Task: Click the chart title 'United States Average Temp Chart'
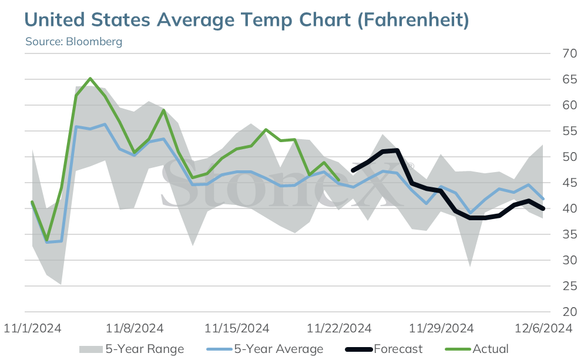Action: click(x=187, y=19)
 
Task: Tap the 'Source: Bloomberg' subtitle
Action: click(x=74, y=41)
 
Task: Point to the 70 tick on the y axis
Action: click(x=569, y=53)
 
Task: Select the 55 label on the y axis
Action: click(x=569, y=131)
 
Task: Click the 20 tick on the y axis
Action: click(x=569, y=312)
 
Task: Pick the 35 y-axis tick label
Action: click(x=569, y=234)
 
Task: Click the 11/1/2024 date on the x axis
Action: click(x=32, y=328)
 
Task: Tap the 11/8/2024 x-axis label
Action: click(x=135, y=328)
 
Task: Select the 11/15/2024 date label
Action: click(x=237, y=328)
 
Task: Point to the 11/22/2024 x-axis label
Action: click(x=339, y=328)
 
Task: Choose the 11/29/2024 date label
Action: click(x=441, y=328)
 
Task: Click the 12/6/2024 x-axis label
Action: click(x=543, y=328)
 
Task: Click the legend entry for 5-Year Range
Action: click(x=132, y=349)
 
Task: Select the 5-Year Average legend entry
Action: click(x=265, y=349)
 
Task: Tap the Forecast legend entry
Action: click(x=384, y=349)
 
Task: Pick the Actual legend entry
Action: click(x=476, y=349)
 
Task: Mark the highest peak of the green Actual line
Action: click(x=90, y=79)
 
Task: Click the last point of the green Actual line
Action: click(x=338, y=180)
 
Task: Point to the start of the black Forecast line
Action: click(x=353, y=171)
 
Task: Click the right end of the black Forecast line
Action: click(x=543, y=208)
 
